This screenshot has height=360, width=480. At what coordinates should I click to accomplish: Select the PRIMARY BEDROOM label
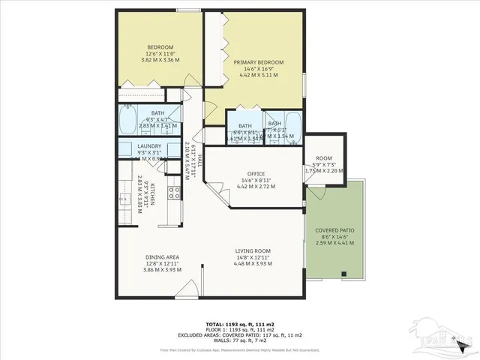tap(258, 62)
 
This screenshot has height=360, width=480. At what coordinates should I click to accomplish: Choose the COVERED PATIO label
tap(334, 230)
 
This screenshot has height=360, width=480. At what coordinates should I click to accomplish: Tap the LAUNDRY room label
tap(150, 146)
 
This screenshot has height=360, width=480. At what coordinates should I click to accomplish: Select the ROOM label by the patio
tap(324, 158)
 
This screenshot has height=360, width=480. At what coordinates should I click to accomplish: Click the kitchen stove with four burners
tap(172, 193)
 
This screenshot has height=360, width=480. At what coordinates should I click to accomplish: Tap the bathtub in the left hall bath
tap(127, 119)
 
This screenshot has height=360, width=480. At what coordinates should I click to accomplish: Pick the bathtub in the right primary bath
tap(292, 127)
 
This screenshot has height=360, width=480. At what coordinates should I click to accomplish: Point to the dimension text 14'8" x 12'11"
tap(251, 257)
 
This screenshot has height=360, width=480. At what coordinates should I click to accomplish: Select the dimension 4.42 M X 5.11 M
tap(258, 76)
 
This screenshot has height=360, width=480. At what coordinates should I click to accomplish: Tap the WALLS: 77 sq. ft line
tap(240, 340)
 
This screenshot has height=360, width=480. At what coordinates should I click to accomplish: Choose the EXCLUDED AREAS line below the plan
tap(240, 335)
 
